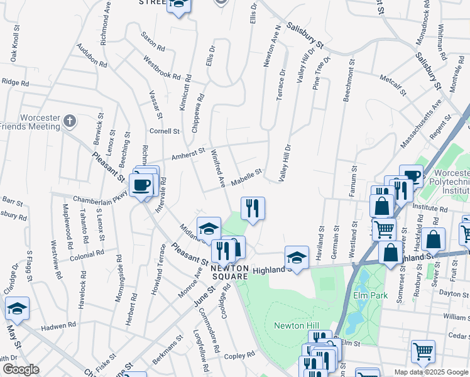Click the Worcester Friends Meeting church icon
coord(70,121)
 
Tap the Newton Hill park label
coord(293,325)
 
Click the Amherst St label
coord(189,153)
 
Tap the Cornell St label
coord(165,131)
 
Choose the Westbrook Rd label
coord(162,68)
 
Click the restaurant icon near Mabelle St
coord(253,207)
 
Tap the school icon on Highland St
coord(297,256)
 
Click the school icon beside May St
coord(17,307)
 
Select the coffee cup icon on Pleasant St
coord(142,185)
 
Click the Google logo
coord(20,369)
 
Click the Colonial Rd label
coord(87,256)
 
